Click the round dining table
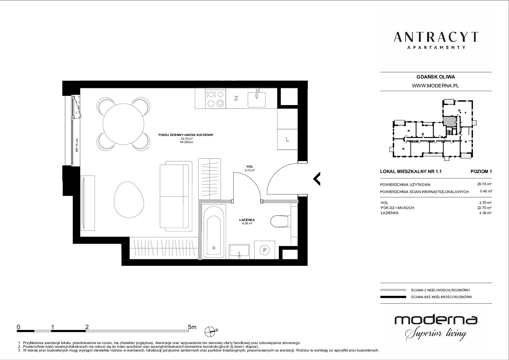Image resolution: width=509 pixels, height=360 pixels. [123, 124]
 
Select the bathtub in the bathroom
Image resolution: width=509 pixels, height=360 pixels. [214, 232]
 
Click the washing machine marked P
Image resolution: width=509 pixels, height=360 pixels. [265, 250]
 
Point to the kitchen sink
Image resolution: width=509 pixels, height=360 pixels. [257, 99]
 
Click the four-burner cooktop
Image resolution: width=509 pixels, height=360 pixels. [216, 99]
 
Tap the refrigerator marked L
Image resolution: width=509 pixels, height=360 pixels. [287, 139]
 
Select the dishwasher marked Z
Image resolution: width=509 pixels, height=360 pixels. [236, 98]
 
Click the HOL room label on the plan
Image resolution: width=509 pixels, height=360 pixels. [250, 167]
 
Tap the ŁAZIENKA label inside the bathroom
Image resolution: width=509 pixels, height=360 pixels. [247, 220]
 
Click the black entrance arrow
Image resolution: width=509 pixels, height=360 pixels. [317, 179]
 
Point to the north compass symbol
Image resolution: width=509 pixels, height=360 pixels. [211, 331]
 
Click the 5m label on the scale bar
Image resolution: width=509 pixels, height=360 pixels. [192, 327]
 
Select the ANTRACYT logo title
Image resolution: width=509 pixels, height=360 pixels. [436, 37]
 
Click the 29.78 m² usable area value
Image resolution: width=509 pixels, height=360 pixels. [485, 184]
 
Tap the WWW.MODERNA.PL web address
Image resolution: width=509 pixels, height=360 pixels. [435, 86]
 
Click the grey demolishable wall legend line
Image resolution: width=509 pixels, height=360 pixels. [393, 290]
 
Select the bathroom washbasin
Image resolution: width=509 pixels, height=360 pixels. [239, 251]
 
